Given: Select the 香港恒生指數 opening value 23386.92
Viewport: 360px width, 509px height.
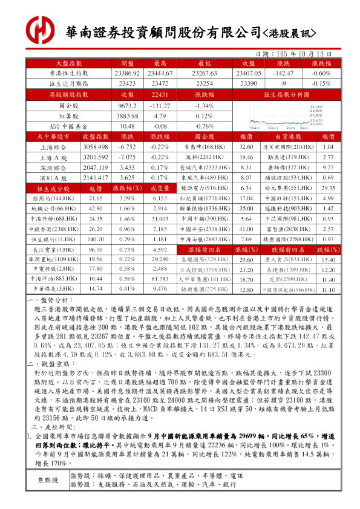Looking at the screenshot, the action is point(127,73).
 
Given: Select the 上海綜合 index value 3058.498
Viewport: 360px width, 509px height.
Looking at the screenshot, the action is point(94,147).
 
